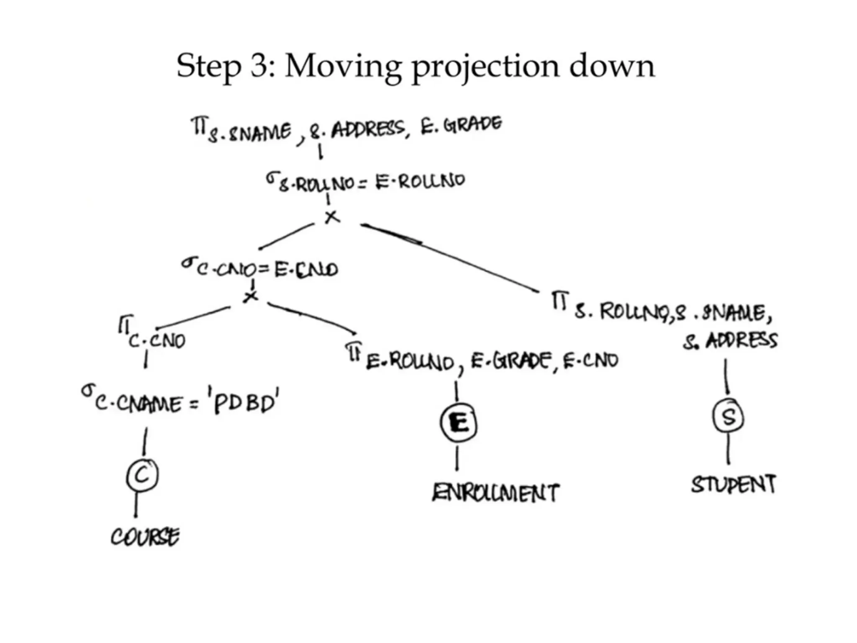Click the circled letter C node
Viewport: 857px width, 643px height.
(x=142, y=475)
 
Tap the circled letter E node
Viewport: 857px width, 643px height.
(x=459, y=423)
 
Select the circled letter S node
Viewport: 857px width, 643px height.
(x=728, y=417)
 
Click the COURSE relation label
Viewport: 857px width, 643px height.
(x=145, y=537)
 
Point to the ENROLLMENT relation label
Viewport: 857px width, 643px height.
(x=495, y=493)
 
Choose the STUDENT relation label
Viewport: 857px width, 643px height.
(x=733, y=484)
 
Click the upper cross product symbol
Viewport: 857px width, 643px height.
(x=332, y=217)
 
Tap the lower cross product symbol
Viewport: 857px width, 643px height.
(x=251, y=296)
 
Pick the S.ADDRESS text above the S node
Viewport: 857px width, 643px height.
(x=731, y=341)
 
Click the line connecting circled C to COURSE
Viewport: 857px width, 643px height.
(x=136, y=504)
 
